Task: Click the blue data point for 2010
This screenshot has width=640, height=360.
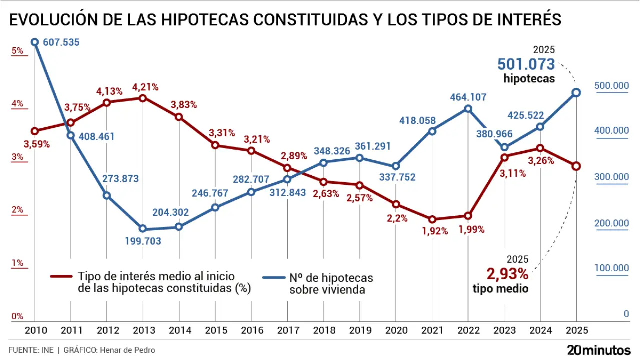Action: [35, 42]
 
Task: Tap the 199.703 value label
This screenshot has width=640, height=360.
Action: [143, 241]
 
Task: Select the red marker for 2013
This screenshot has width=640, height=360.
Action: [143, 98]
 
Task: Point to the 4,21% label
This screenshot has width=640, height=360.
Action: [145, 87]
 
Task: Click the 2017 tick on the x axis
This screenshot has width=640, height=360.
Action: [287, 330]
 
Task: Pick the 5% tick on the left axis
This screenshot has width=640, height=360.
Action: [18, 50]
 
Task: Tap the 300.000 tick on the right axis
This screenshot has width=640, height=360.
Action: [611, 177]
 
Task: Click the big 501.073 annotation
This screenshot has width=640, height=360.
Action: [526, 64]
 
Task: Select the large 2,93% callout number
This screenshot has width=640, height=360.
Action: [507, 274]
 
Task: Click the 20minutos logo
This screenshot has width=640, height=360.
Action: [599, 350]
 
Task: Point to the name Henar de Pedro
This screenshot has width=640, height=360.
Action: [127, 350]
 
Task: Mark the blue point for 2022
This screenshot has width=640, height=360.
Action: [468, 108]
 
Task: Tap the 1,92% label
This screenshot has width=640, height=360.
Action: [432, 231]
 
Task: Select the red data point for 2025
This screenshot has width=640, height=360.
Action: [576, 166]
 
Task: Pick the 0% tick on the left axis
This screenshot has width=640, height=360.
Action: [17, 316]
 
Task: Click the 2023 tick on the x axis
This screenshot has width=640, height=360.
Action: [504, 330]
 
